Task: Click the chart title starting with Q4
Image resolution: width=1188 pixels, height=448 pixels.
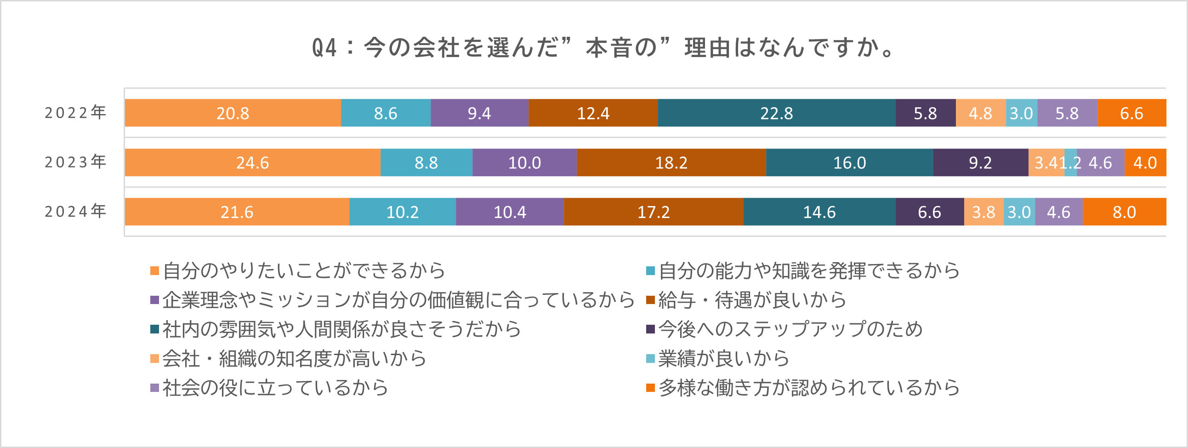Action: (x=604, y=48)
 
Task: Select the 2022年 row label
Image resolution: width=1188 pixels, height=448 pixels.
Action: (x=76, y=113)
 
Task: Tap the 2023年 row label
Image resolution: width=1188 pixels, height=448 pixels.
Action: (x=76, y=162)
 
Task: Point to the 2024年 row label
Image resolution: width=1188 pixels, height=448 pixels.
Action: (x=76, y=211)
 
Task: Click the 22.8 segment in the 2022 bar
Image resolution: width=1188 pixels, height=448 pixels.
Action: (x=777, y=113)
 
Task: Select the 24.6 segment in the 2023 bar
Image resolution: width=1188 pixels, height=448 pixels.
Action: (x=253, y=162)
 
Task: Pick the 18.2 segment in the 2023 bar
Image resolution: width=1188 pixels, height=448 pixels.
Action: (x=671, y=162)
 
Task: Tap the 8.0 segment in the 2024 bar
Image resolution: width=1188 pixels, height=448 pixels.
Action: (x=1125, y=212)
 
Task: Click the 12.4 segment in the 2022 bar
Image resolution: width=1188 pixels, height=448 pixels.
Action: (x=593, y=113)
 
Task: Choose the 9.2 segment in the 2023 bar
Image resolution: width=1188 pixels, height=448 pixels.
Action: (x=980, y=162)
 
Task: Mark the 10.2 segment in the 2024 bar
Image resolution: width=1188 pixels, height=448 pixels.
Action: (x=403, y=212)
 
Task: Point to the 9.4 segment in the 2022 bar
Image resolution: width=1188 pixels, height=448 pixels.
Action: (x=480, y=113)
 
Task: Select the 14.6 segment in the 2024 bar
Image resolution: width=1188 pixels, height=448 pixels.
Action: (x=819, y=212)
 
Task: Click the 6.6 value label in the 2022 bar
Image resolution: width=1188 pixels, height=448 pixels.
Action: (x=1132, y=114)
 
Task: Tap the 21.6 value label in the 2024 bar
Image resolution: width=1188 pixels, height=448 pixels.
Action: (x=237, y=212)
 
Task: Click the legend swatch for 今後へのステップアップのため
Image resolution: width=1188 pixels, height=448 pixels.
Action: (x=650, y=329)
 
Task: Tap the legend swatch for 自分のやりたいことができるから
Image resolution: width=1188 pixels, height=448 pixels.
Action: (x=154, y=271)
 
